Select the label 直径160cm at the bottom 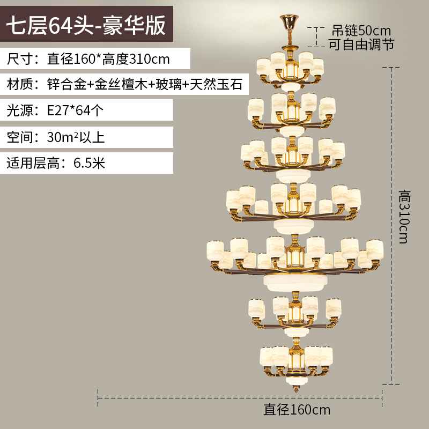(x=297, y=411)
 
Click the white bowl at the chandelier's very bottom (x=293, y=382)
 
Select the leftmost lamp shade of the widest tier (x=215, y=250)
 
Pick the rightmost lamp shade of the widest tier (x=375, y=249)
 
